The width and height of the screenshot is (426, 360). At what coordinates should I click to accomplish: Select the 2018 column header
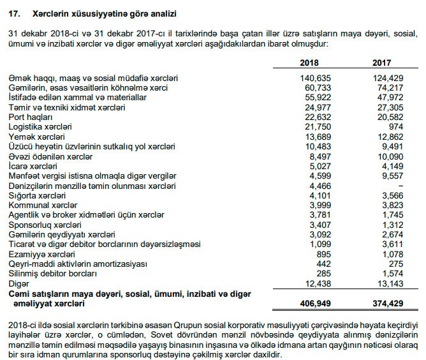(x=309, y=63)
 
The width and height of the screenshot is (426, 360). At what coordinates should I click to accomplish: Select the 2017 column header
(x=383, y=63)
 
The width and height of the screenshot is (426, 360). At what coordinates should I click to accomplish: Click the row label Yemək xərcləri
(x=37, y=137)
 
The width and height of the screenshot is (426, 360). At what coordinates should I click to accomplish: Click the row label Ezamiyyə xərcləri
(x=38, y=255)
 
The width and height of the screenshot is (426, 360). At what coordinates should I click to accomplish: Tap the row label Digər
(x=19, y=284)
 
